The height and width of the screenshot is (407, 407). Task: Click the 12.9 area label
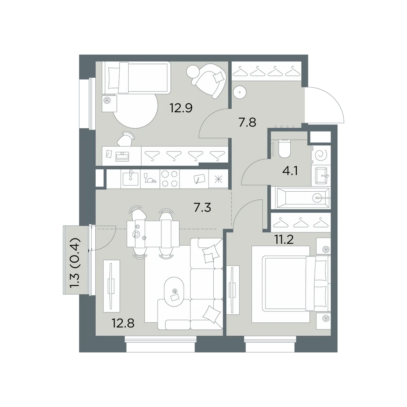point(181,108)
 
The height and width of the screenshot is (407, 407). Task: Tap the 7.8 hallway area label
point(247,122)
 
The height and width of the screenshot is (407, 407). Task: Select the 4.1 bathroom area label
point(290,171)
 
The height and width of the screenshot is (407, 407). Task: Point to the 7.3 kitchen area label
point(202,208)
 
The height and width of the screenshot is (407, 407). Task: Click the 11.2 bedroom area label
point(284,240)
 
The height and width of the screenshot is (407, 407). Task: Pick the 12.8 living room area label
point(123,324)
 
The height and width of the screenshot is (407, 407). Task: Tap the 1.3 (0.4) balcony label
point(76,263)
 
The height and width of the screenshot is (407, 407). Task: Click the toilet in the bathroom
point(284,149)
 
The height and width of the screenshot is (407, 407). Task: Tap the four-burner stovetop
point(170,179)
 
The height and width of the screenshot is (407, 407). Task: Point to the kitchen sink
point(131,179)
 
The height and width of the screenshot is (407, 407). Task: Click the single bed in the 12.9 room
point(136,78)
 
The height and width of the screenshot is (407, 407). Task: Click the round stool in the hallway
point(240,92)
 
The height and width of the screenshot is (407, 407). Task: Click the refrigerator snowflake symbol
point(218,179)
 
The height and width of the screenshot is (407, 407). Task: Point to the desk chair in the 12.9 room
point(126,139)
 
